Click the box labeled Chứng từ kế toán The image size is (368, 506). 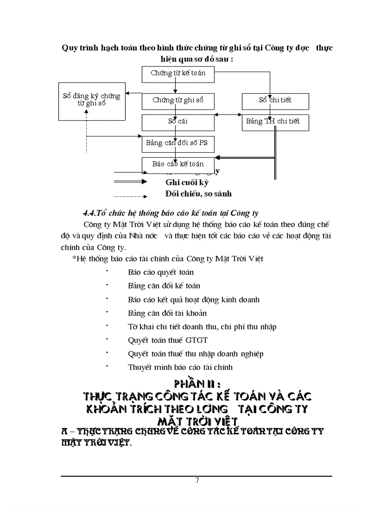pos(178,74)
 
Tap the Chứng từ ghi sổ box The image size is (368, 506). pos(178,101)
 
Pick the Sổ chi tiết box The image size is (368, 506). pos(275,101)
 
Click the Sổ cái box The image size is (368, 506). pos(178,122)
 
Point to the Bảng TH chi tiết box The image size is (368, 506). pos(275,122)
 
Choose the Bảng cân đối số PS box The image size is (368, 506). pos(178,144)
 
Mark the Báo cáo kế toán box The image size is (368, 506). pos(178,165)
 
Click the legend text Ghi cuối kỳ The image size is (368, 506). pos(187,182)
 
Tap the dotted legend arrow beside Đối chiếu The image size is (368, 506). pos(130,196)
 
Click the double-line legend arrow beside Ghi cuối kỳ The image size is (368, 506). pos(130,182)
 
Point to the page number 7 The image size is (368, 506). pos(197,480)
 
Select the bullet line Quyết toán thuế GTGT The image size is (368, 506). pos(168,340)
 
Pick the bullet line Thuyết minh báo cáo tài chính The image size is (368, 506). pos(180,367)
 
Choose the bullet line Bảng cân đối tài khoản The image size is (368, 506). pos(167,313)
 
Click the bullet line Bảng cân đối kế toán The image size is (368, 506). pos(164,286)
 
